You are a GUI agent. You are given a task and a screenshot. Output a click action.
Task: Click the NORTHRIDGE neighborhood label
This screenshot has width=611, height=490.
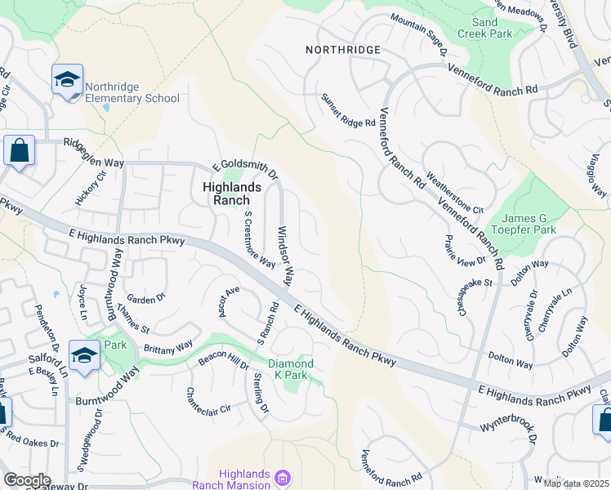coord(343,50)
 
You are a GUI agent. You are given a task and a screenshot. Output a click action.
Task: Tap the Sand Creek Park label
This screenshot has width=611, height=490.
coord(491,29)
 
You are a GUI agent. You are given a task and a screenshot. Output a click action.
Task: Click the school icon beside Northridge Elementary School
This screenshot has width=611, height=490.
coord(67,79)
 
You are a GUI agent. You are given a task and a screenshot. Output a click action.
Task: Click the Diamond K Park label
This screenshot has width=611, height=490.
coord(292,369)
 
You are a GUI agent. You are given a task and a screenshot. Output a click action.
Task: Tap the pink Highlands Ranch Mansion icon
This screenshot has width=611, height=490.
coord(283,476)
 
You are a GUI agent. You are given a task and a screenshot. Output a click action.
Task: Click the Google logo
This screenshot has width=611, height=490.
coord(27,480)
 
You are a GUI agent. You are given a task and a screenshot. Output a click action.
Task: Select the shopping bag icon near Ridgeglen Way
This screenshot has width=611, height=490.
coord(19,150)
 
